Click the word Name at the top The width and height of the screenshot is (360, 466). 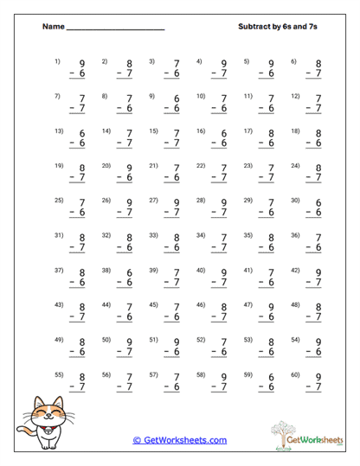point(53,27)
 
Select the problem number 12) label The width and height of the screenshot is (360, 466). point(295,95)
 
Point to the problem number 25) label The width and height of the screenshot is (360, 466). point(59,200)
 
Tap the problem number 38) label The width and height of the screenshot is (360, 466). point(106,270)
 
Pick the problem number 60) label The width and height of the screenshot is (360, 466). point(295,374)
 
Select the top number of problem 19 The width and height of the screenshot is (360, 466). point(82,168)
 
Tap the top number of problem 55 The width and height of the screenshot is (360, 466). point(82,377)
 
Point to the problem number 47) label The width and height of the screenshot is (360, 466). point(247,304)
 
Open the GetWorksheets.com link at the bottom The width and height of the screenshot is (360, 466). point(180,440)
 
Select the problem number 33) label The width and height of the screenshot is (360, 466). point(153,234)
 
